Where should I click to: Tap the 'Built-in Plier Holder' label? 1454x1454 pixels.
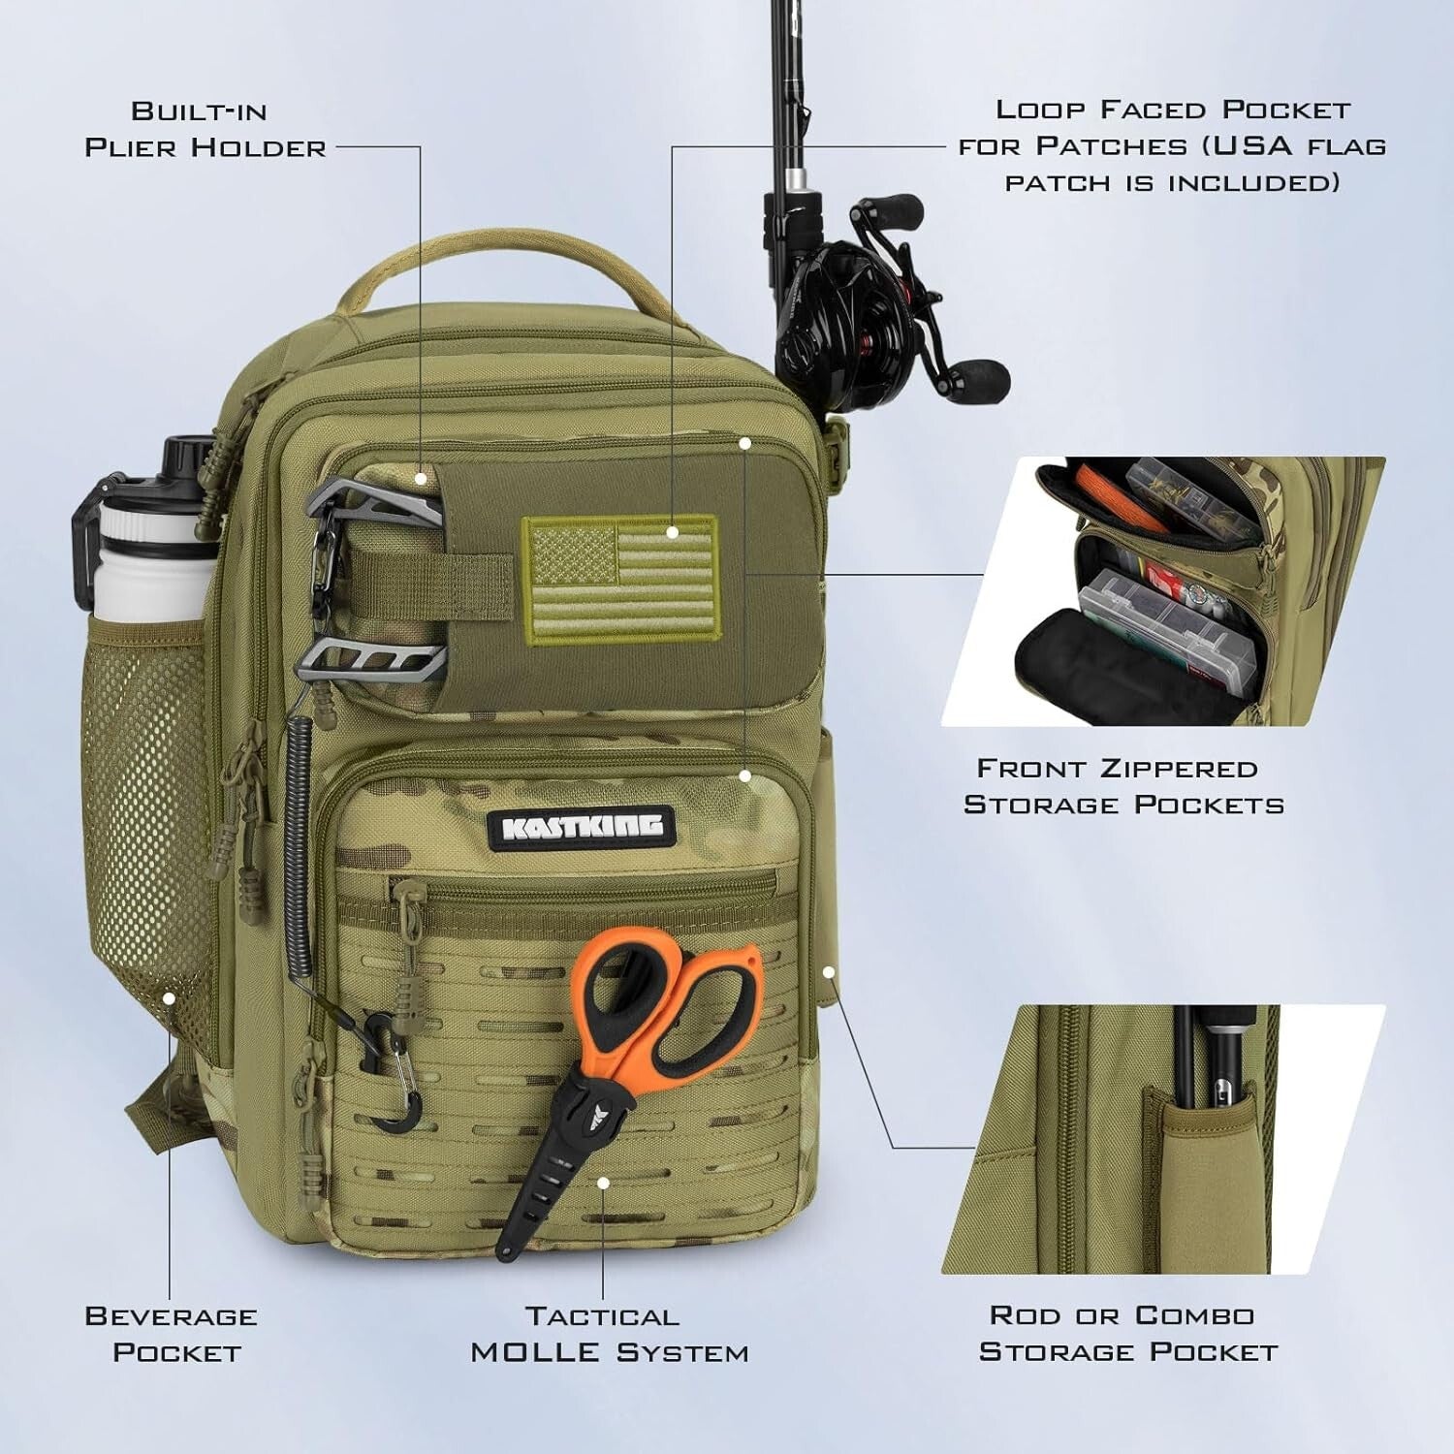coord(205,129)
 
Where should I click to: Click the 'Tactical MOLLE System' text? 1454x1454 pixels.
coord(609,1334)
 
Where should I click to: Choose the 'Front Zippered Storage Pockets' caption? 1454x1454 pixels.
coord(1122,786)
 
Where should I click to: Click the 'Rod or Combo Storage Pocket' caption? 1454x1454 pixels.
coord(1126,1333)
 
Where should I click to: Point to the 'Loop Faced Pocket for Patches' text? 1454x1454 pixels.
coord(1171,145)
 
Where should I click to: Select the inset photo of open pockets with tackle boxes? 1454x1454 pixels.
coord(1163,591)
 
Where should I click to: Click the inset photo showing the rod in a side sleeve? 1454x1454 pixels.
coord(1163,1139)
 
